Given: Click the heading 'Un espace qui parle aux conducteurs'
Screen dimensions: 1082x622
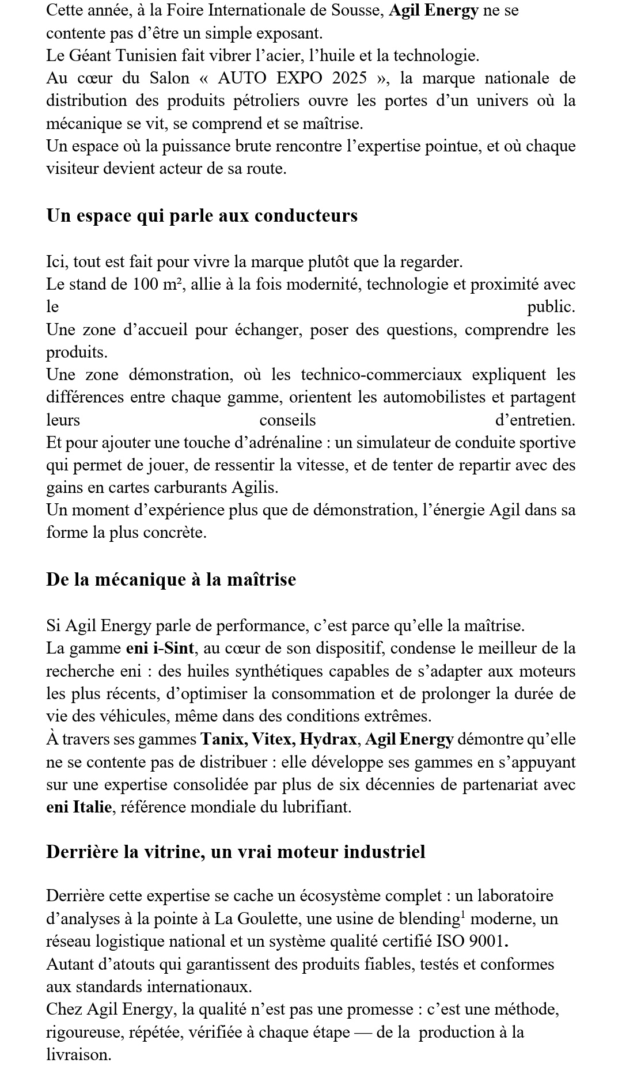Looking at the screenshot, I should (x=202, y=215).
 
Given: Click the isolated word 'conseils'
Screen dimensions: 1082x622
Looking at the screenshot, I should (x=287, y=420).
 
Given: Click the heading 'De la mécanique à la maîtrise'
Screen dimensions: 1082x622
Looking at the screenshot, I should (x=171, y=579).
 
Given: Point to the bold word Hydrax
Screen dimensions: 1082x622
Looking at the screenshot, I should (x=329, y=739).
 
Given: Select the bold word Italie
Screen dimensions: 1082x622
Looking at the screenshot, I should (x=92, y=807).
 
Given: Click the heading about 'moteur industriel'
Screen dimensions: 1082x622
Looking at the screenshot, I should (x=236, y=852).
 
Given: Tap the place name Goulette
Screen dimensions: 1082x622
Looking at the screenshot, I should (x=268, y=919).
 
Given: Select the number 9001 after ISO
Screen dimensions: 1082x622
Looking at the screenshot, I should (x=488, y=941).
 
